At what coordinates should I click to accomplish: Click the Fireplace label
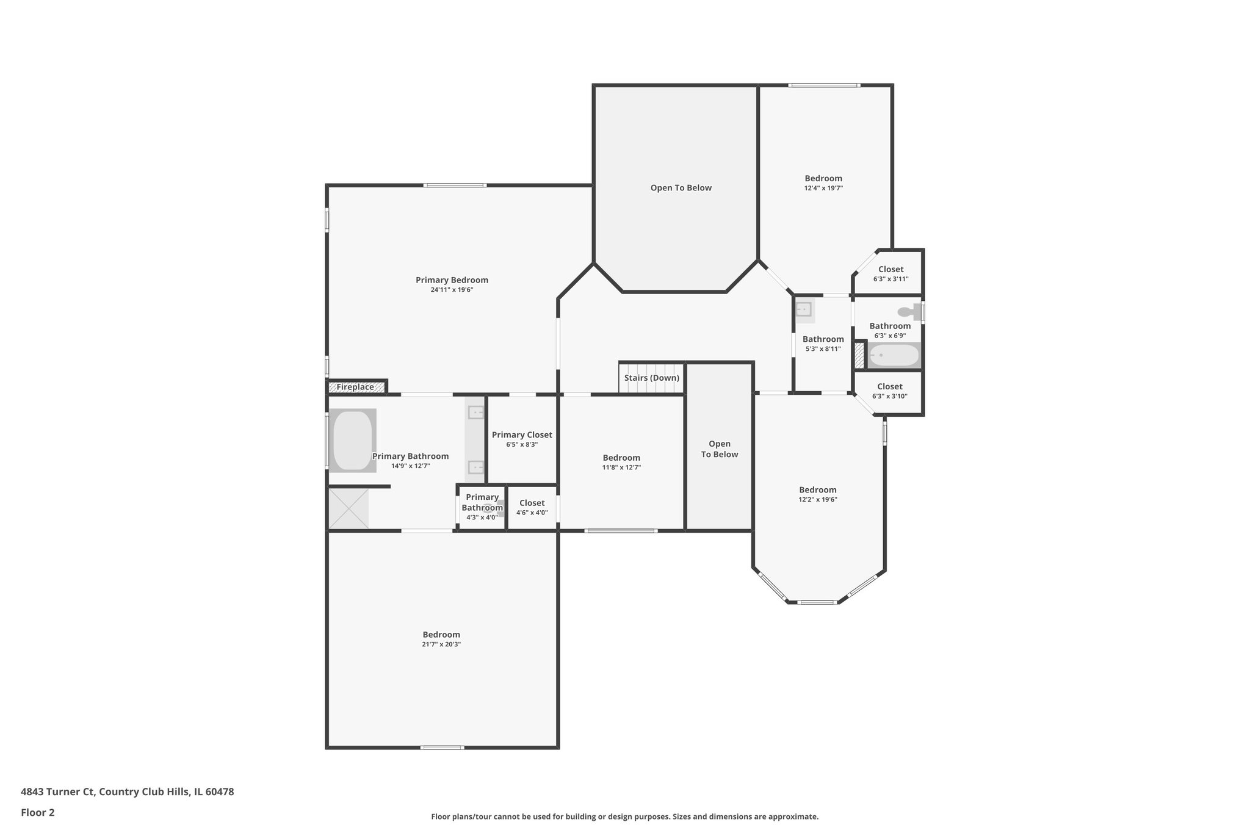355,387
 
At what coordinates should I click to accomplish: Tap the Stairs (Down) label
651,378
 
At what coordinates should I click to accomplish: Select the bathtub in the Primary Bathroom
352,441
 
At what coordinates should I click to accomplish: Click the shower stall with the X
349,508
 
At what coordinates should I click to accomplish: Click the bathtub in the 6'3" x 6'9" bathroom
894,355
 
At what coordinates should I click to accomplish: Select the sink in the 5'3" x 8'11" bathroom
804,310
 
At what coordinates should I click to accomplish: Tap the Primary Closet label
522,435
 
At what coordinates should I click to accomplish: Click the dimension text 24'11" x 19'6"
452,290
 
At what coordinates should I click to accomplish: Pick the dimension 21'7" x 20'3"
441,644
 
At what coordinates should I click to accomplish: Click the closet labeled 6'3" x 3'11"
891,273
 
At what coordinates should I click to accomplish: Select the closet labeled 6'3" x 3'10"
889,391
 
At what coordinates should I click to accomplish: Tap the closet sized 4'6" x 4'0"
532,508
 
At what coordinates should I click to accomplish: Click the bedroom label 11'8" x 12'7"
621,462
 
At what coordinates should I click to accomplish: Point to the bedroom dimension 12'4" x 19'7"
823,189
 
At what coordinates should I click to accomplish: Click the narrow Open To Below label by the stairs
719,449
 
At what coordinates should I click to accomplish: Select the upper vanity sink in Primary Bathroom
475,413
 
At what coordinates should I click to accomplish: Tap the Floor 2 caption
38,813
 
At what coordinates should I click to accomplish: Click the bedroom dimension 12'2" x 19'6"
818,499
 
